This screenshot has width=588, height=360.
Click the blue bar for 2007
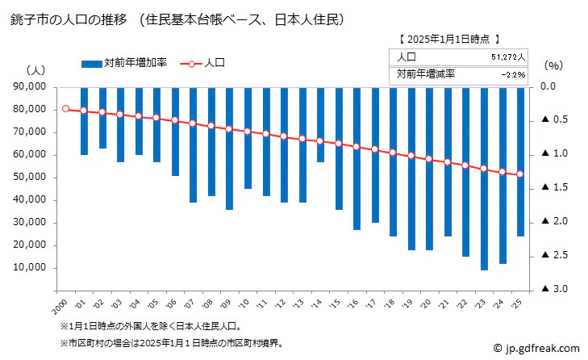pyautogui.click(x=194, y=144)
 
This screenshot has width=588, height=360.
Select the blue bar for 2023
pyautogui.click(x=484, y=178)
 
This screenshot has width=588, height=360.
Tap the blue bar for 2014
pyautogui.click(x=321, y=124)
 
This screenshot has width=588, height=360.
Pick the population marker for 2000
pyautogui.click(x=66, y=109)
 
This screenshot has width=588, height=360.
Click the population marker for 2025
pyautogui.click(x=520, y=174)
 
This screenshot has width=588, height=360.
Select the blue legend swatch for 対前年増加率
pyautogui.click(x=92, y=62)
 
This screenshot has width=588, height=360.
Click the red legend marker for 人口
pyautogui.click(x=191, y=62)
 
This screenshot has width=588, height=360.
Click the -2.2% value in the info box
pyautogui.click(x=513, y=74)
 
